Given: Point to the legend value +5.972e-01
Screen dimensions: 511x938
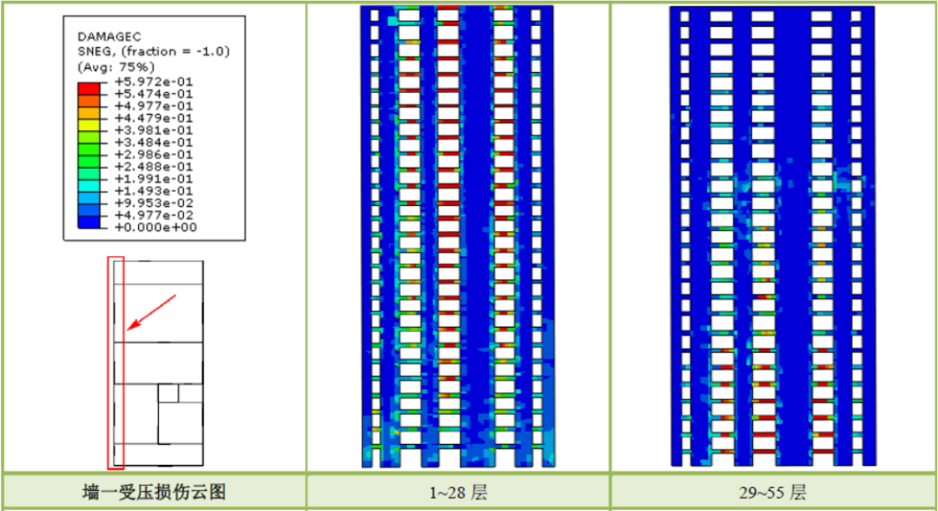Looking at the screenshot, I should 154,82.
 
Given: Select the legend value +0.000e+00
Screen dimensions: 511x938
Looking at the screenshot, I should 154,227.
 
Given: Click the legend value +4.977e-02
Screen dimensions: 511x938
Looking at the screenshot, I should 154,215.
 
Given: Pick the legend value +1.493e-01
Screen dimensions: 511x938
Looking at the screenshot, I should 154,190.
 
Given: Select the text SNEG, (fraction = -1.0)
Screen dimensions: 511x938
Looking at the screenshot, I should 153,51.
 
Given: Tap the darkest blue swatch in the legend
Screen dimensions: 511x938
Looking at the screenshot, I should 89,222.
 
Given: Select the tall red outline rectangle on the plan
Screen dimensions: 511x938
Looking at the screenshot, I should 116,362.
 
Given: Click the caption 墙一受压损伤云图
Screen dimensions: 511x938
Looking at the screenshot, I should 153,492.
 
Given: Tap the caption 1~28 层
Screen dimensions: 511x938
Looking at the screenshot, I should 458,493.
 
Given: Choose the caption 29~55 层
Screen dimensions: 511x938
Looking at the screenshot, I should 772,493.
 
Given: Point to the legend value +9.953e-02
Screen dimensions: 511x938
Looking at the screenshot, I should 154,202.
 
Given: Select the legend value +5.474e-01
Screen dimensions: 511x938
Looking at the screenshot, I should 154,94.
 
